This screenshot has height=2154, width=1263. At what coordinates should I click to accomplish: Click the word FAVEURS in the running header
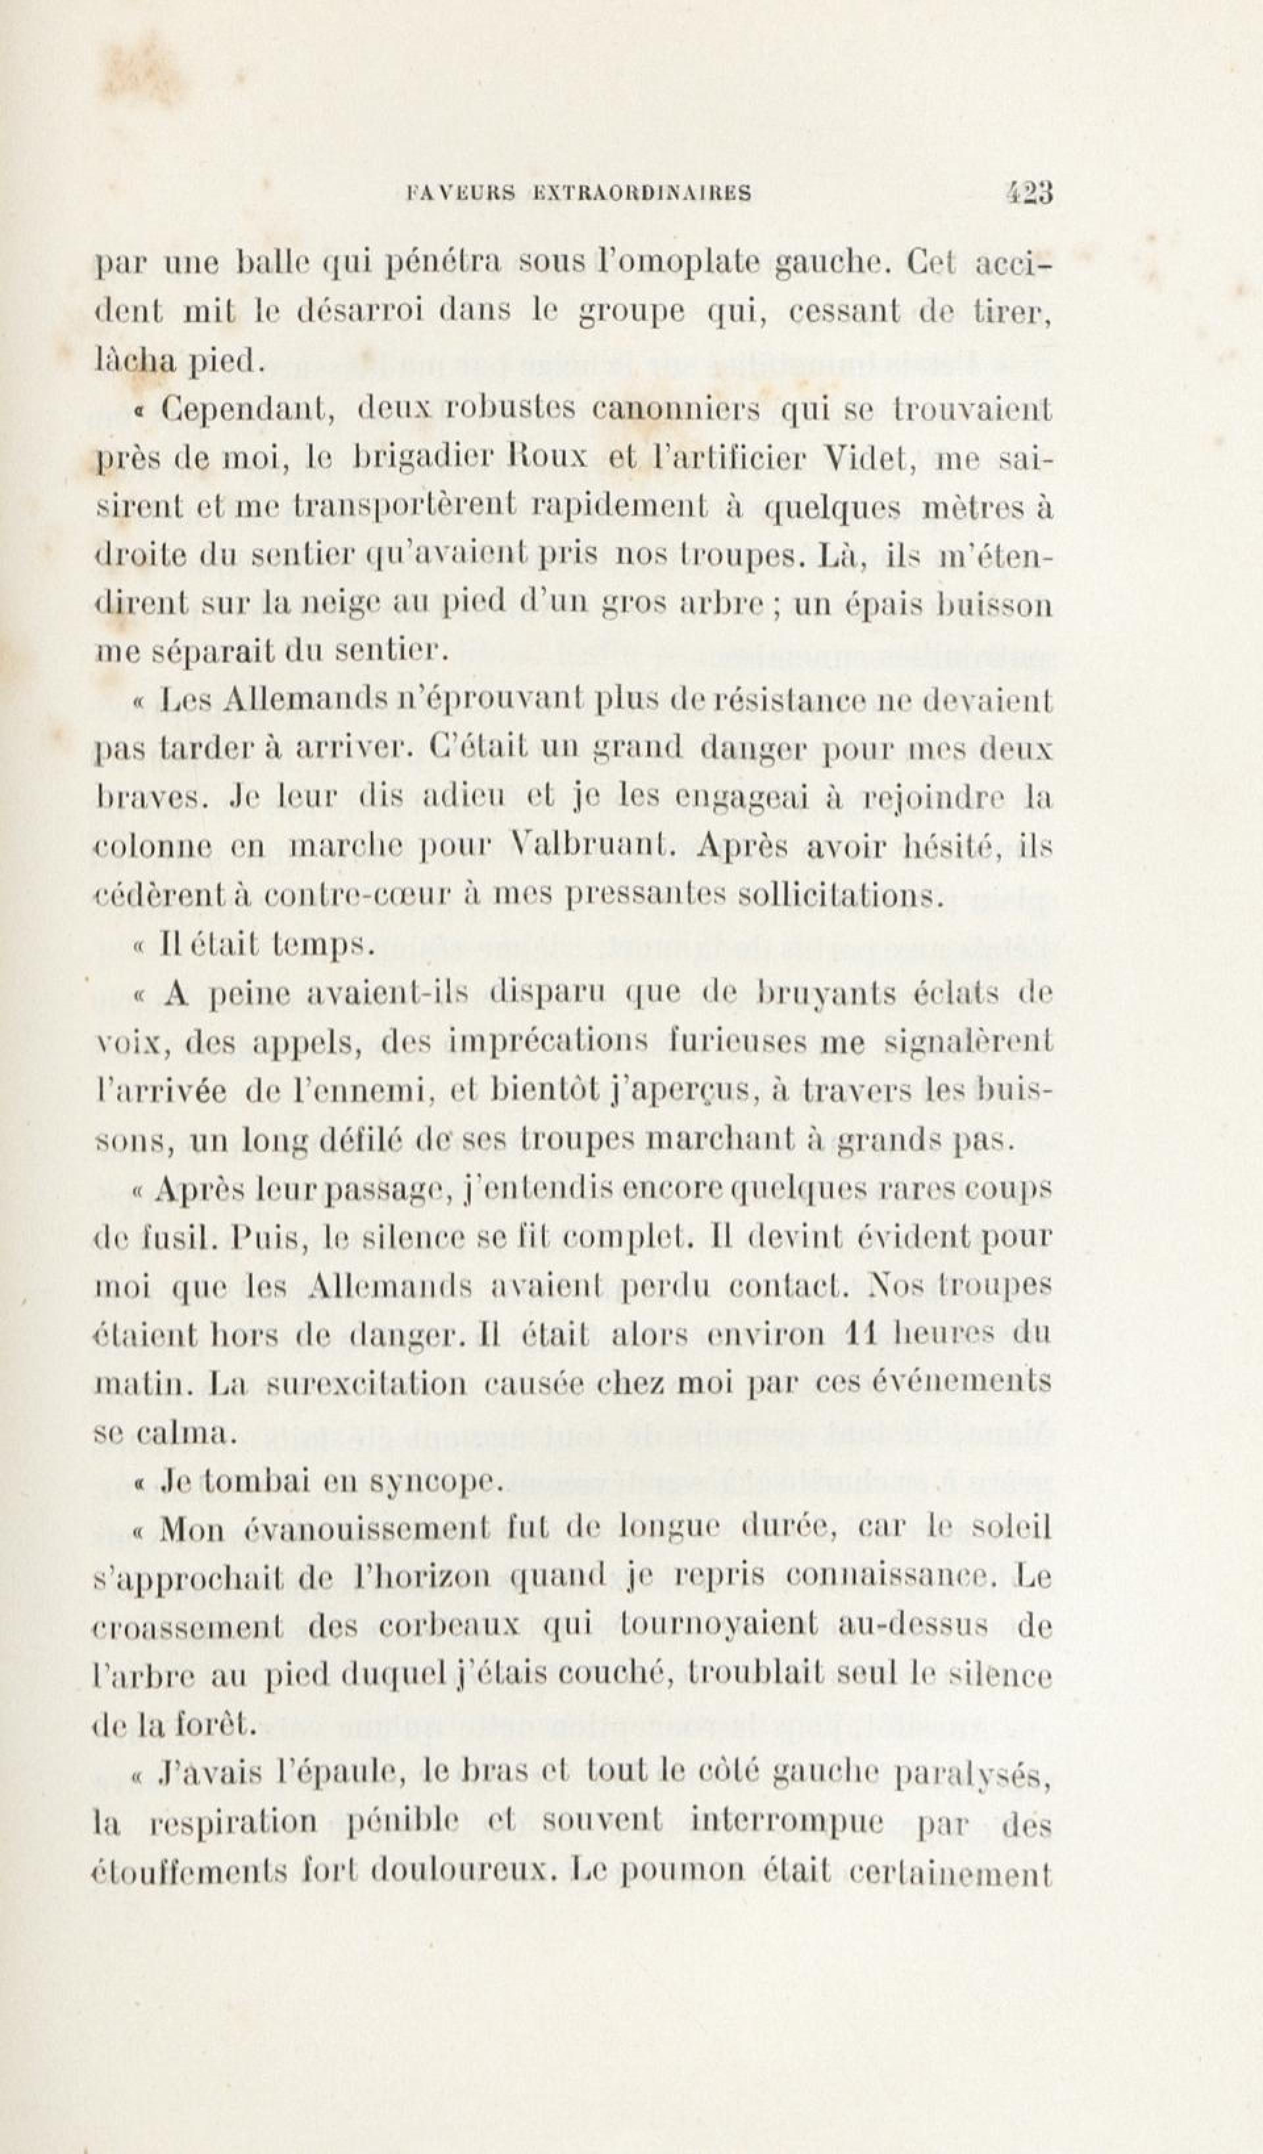click(461, 194)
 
